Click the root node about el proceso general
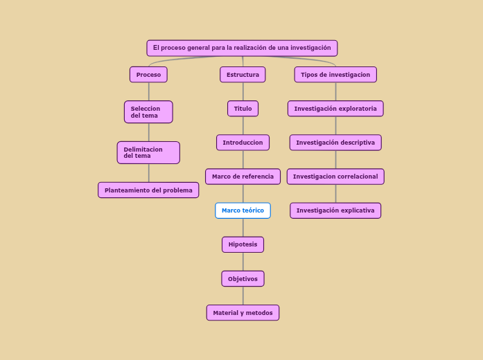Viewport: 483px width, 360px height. click(242, 48)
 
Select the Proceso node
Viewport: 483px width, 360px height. click(148, 75)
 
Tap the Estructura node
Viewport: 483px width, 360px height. click(243, 75)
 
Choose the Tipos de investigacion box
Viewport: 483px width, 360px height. click(335, 75)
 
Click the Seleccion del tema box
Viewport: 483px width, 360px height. click(148, 112)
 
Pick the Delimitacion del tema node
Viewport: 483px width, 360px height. click(148, 152)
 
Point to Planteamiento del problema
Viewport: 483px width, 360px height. click(148, 190)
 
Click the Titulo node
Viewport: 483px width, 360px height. click(243, 109)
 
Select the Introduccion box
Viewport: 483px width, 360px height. click(243, 143)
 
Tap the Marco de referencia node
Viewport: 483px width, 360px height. click(243, 177)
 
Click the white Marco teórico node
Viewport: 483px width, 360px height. click(243, 210)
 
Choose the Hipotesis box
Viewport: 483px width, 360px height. click(243, 244)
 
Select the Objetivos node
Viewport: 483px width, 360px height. click(243, 279)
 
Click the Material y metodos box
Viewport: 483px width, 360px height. click(243, 313)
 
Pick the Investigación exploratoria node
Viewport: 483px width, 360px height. click(335, 109)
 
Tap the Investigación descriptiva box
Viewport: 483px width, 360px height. click(335, 143)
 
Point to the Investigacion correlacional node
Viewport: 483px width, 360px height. click(335, 177)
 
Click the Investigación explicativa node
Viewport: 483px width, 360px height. click(335, 210)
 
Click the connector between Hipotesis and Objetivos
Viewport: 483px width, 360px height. click(243, 262)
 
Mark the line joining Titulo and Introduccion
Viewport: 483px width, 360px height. click(243, 125)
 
